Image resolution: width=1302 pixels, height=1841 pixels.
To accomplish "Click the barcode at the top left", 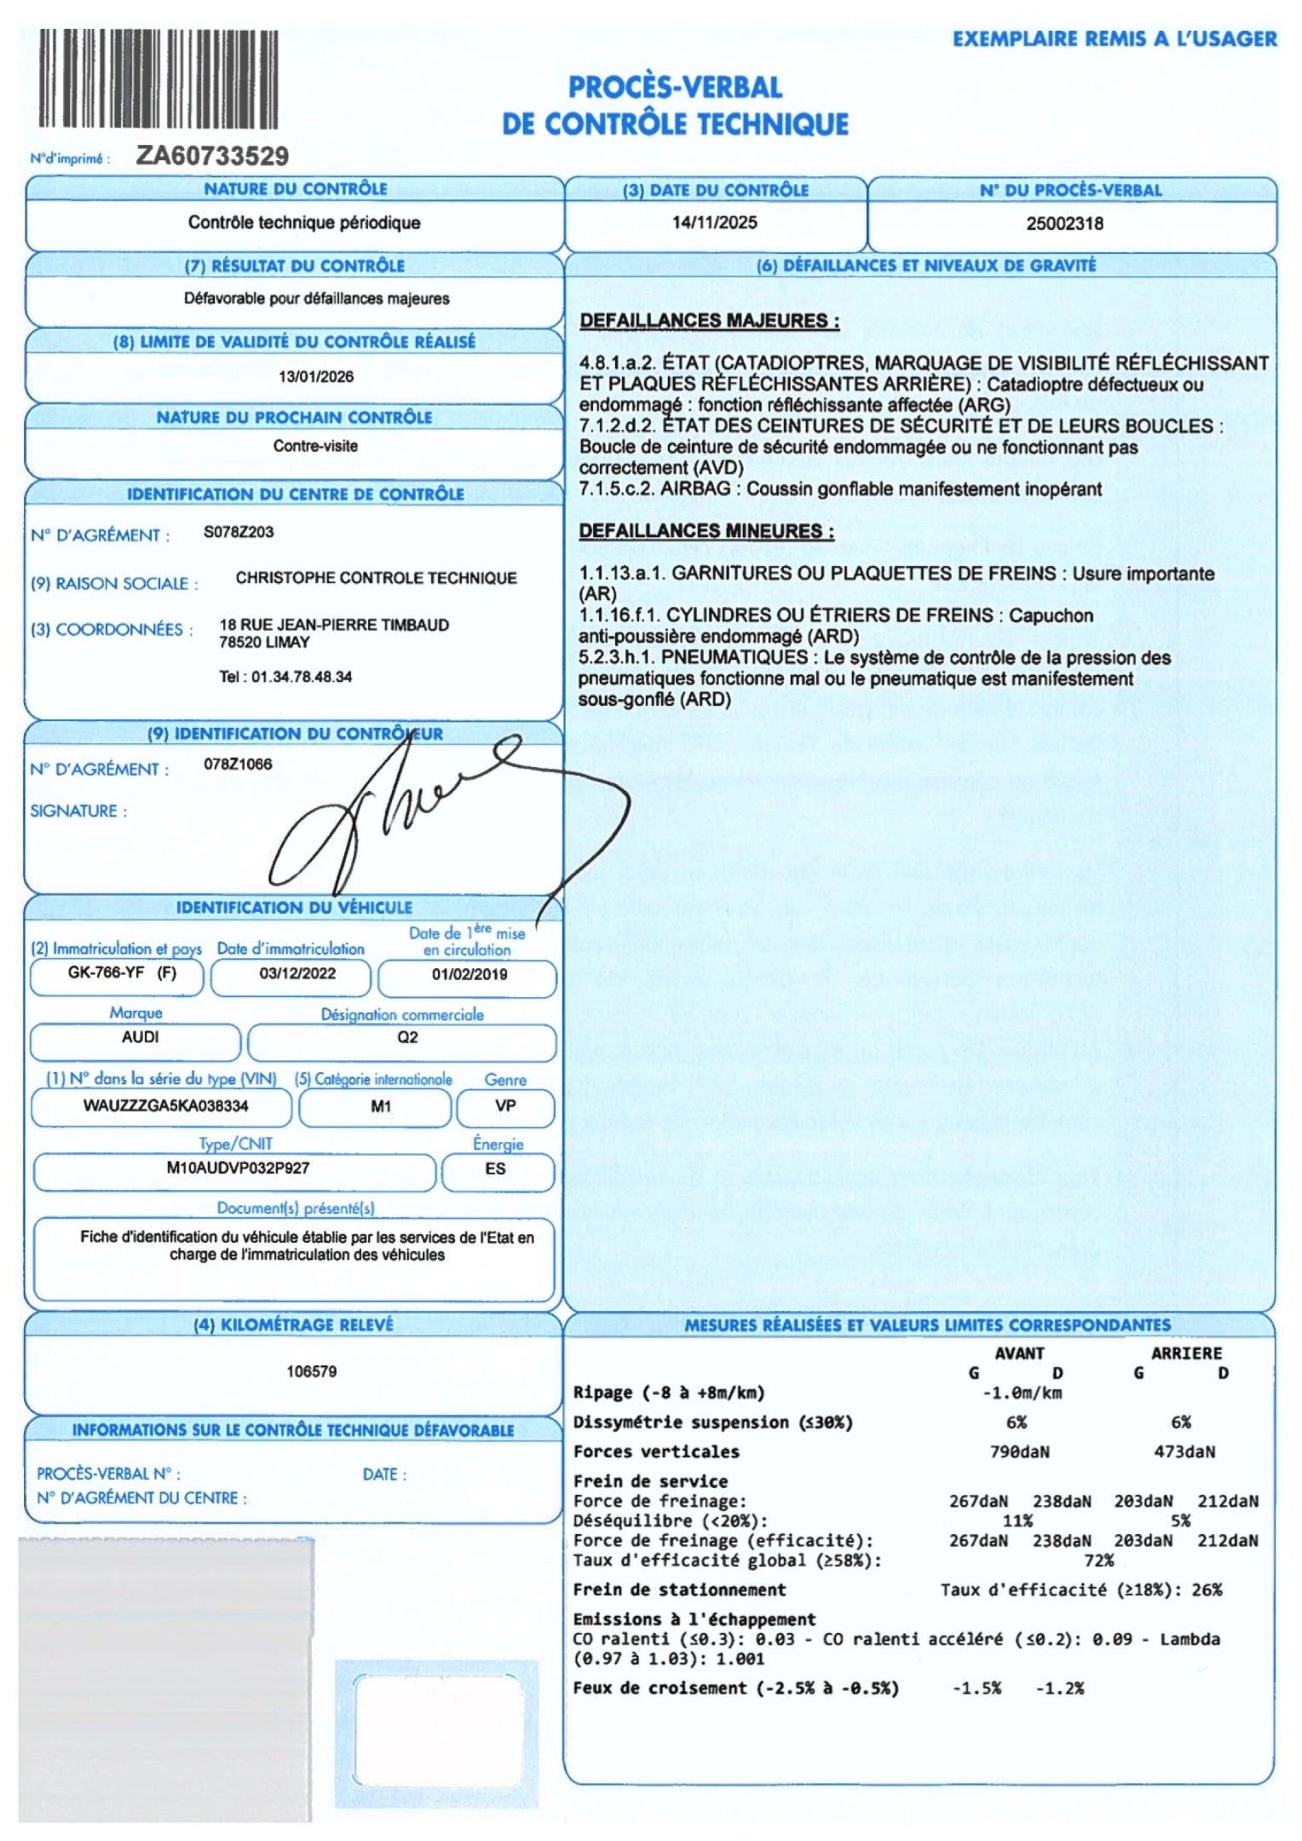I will [x=158, y=79].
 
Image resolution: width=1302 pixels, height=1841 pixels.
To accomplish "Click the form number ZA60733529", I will [x=212, y=156].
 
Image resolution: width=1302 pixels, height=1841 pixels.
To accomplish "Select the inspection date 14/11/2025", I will [x=714, y=223].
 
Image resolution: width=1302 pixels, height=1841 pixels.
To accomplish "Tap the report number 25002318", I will [x=1064, y=224].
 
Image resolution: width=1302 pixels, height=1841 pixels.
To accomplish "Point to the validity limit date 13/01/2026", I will [x=315, y=377].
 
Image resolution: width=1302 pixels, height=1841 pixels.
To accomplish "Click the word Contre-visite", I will [x=315, y=446].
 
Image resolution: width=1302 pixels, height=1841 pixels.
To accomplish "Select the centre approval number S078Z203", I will [x=239, y=532].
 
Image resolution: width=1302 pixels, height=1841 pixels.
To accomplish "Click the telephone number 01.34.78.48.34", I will [x=302, y=677].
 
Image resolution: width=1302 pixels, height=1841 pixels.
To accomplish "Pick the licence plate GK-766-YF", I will [x=107, y=973].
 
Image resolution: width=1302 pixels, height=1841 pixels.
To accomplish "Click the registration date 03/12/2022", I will [x=297, y=974].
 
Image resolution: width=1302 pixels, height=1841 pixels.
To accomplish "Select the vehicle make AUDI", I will [x=140, y=1037].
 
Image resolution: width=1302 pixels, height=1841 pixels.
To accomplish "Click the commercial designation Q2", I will [x=407, y=1037].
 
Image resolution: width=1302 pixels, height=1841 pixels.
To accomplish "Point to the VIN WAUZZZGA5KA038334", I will [x=166, y=1106].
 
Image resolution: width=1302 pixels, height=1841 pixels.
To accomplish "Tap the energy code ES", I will [x=495, y=1169].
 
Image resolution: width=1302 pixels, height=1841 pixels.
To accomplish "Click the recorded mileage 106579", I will [x=311, y=1371].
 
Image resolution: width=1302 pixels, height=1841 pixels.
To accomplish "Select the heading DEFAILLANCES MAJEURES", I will [x=709, y=321].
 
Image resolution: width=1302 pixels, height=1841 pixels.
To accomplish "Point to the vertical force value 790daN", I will [x=1019, y=1451].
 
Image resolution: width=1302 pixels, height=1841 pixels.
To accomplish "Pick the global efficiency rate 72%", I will [x=1098, y=1561].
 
